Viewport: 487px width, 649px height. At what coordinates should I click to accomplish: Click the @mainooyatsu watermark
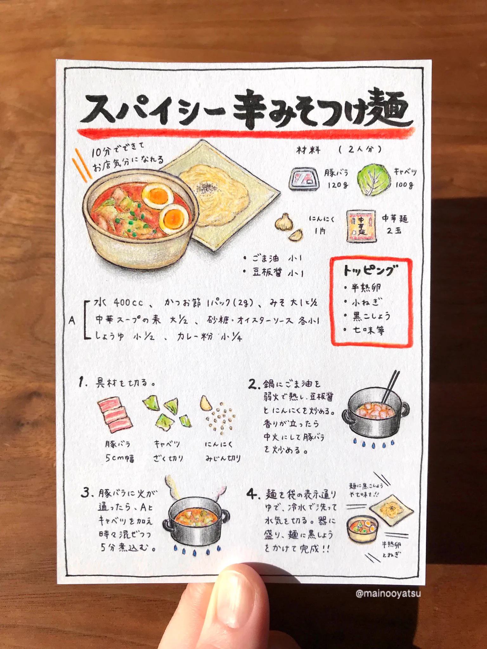pyautogui.click(x=388, y=593)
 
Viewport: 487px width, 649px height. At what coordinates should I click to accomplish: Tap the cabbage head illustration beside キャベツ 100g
pyautogui.click(x=373, y=180)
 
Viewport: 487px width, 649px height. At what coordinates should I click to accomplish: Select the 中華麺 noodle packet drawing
pyautogui.click(x=361, y=226)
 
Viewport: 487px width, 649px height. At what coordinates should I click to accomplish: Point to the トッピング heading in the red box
pyautogui.click(x=370, y=270)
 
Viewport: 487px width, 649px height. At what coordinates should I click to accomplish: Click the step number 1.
pyautogui.click(x=82, y=382)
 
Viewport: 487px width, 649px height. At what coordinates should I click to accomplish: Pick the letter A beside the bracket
pyautogui.click(x=72, y=320)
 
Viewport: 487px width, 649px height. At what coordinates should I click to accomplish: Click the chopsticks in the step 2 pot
pyautogui.click(x=391, y=387)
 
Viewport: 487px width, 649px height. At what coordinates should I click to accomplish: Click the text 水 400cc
pyautogui.click(x=119, y=303)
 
